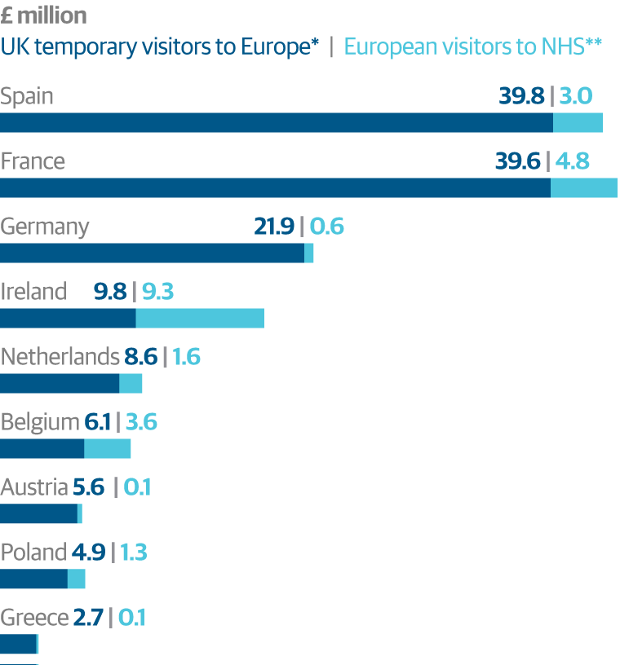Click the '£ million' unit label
point(43,15)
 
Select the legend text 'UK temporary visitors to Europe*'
point(160,46)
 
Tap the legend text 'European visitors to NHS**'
point(473,46)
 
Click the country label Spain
point(27,96)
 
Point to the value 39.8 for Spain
point(521,96)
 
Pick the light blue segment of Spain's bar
point(578,123)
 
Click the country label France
point(33,161)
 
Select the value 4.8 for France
point(572,161)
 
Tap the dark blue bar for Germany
point(152,253)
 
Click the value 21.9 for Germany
point(274,227)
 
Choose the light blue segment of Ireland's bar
point(200,319)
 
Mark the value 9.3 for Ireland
point(157,292)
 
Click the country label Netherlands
point(60,357)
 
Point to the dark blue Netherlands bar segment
point(60,384)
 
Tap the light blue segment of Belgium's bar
point(107,449)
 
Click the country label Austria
point(34,487)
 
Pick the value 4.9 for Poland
point(88,553)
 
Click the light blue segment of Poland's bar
point(76,579)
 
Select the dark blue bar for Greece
point(18,645)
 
